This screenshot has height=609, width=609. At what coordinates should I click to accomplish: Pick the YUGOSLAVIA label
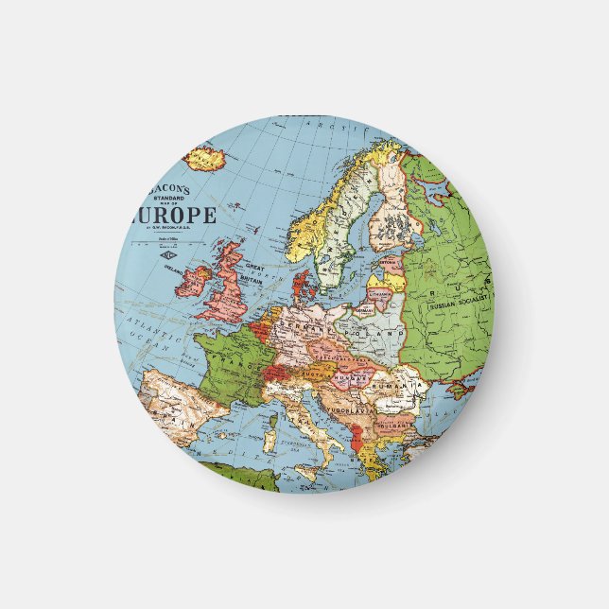point(360,410)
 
